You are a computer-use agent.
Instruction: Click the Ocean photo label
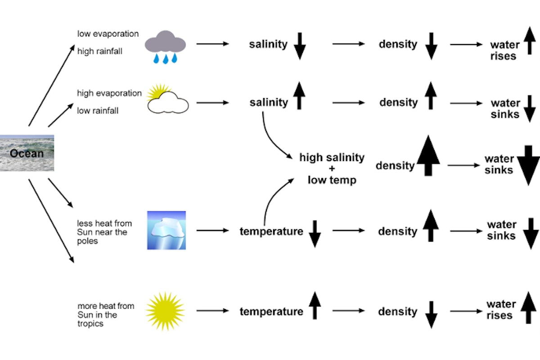(x=27, y=153)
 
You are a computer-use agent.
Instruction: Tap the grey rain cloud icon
(x=165, y=45)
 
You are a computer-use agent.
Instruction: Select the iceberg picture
(x=166, y=230)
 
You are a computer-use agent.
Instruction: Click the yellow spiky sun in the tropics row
(x=165, y=311)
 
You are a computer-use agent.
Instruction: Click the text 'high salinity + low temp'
(x=332, y=169)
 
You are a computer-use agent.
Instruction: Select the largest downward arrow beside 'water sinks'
(x=528, y=165)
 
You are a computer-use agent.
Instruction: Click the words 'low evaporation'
(x=108, y=34)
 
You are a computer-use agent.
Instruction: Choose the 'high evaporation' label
(x=109, y=93)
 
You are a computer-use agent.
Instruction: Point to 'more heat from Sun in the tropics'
(x=106, y=315)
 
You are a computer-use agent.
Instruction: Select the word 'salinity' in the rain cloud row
(x=268, y=44)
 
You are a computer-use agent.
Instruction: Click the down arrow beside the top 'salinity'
(x=299, y=46)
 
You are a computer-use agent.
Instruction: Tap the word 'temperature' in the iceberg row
(x=271, y=231)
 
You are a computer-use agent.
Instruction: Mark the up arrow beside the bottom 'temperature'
(x=315, y=305)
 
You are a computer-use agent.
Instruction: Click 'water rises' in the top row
(x=504, y=50)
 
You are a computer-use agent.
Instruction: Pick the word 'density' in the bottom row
(x=397, y=311)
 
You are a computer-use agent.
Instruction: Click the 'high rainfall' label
(x=99, y=51)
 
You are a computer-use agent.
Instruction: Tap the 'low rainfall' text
(x=98, y=110)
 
